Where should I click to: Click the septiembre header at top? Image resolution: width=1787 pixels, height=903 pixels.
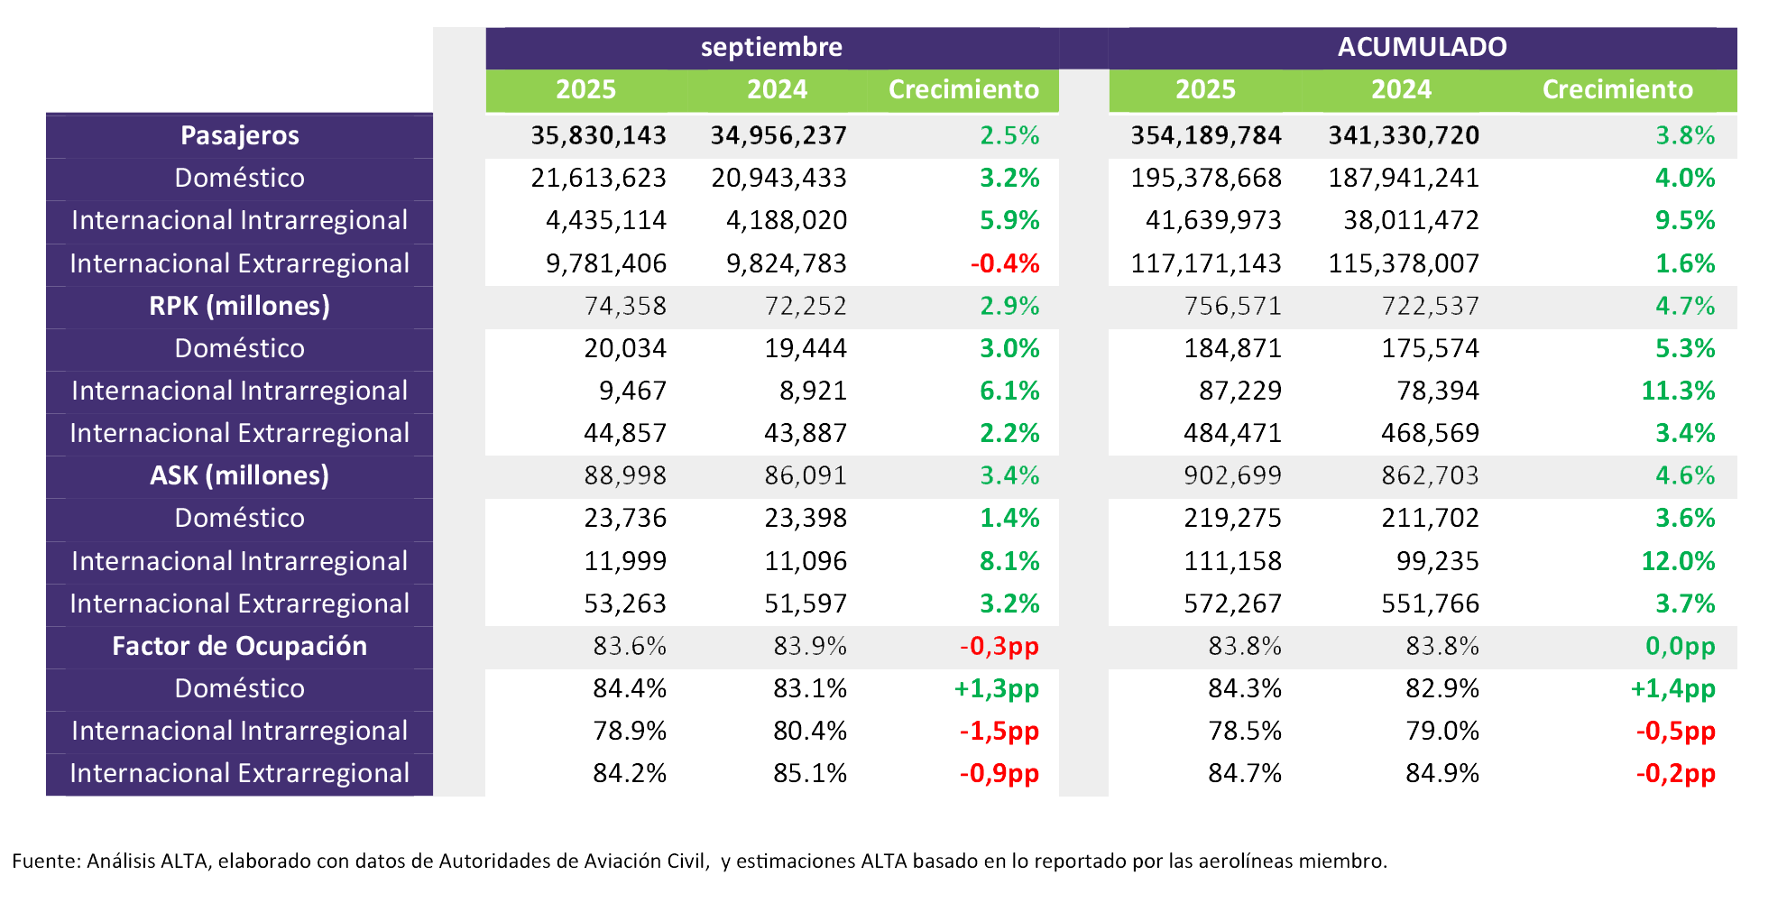771,47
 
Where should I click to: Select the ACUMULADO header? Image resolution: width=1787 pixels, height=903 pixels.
1422,47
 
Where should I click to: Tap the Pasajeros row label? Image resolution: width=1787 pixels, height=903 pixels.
240,135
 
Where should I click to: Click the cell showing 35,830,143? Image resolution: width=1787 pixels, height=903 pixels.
598,135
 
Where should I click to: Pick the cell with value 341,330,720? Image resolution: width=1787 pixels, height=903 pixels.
1404,135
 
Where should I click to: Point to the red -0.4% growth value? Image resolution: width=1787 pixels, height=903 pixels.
1005,263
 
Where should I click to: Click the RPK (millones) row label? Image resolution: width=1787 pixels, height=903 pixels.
240,306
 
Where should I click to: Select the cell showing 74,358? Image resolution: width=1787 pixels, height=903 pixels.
625,306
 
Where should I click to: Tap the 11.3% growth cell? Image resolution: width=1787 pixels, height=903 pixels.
1678,391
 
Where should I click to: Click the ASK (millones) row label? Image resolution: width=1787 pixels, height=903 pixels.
240,475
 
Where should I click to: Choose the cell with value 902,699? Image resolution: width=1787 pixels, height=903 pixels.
1232,475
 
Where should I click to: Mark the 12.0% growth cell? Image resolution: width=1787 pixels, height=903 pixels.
1678,561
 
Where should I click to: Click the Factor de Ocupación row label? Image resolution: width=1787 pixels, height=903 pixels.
240,646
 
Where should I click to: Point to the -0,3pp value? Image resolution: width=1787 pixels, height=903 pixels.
999,646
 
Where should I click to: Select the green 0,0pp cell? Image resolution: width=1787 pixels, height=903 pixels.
1680,646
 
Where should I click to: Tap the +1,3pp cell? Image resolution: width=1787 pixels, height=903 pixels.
996,689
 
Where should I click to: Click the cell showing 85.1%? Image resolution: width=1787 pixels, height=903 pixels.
810,774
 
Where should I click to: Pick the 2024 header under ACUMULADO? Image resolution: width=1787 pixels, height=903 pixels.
1401,89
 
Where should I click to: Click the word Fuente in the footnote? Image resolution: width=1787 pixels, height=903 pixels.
44,861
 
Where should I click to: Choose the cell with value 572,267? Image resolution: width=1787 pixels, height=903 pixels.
1232,604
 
